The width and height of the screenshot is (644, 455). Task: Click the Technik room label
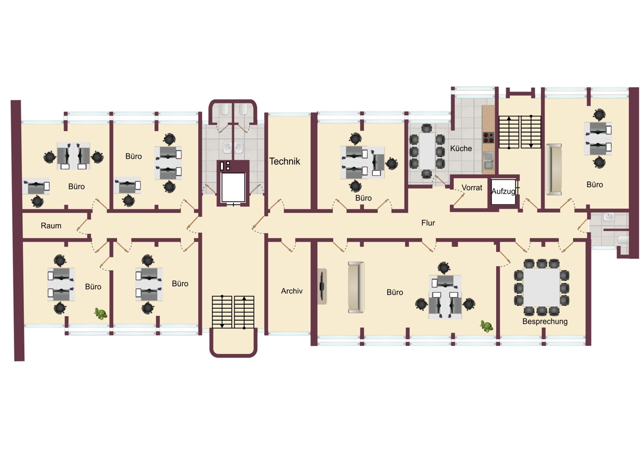[x=284, y=161]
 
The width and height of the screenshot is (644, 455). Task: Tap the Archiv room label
[x=291, y=291]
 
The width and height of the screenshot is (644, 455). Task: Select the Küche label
[x=461, y=148]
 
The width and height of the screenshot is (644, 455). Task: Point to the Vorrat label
[x=472, y=188]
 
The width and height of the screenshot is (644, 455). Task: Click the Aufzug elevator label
[x=503, y=191]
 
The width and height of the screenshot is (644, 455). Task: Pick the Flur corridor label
[x=428, y=223]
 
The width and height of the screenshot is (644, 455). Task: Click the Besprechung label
[x=545, y=322]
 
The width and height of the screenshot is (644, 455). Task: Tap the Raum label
[x=51, y=225]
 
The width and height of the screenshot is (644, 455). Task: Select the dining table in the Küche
[x=427, y=151]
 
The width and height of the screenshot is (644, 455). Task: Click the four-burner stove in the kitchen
[x=488, y=137]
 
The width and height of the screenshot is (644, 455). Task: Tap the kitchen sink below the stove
[x=488, y=161]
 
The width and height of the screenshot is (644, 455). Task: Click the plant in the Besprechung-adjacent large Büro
[x=486, y=326]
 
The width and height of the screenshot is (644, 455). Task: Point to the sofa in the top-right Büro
[x=554, y=169]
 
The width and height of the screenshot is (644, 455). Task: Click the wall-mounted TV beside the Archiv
[x=322, y=286]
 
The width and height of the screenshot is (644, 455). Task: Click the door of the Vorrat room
[x=459, y=199]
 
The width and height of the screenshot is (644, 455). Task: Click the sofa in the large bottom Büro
[x=356, y=287]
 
